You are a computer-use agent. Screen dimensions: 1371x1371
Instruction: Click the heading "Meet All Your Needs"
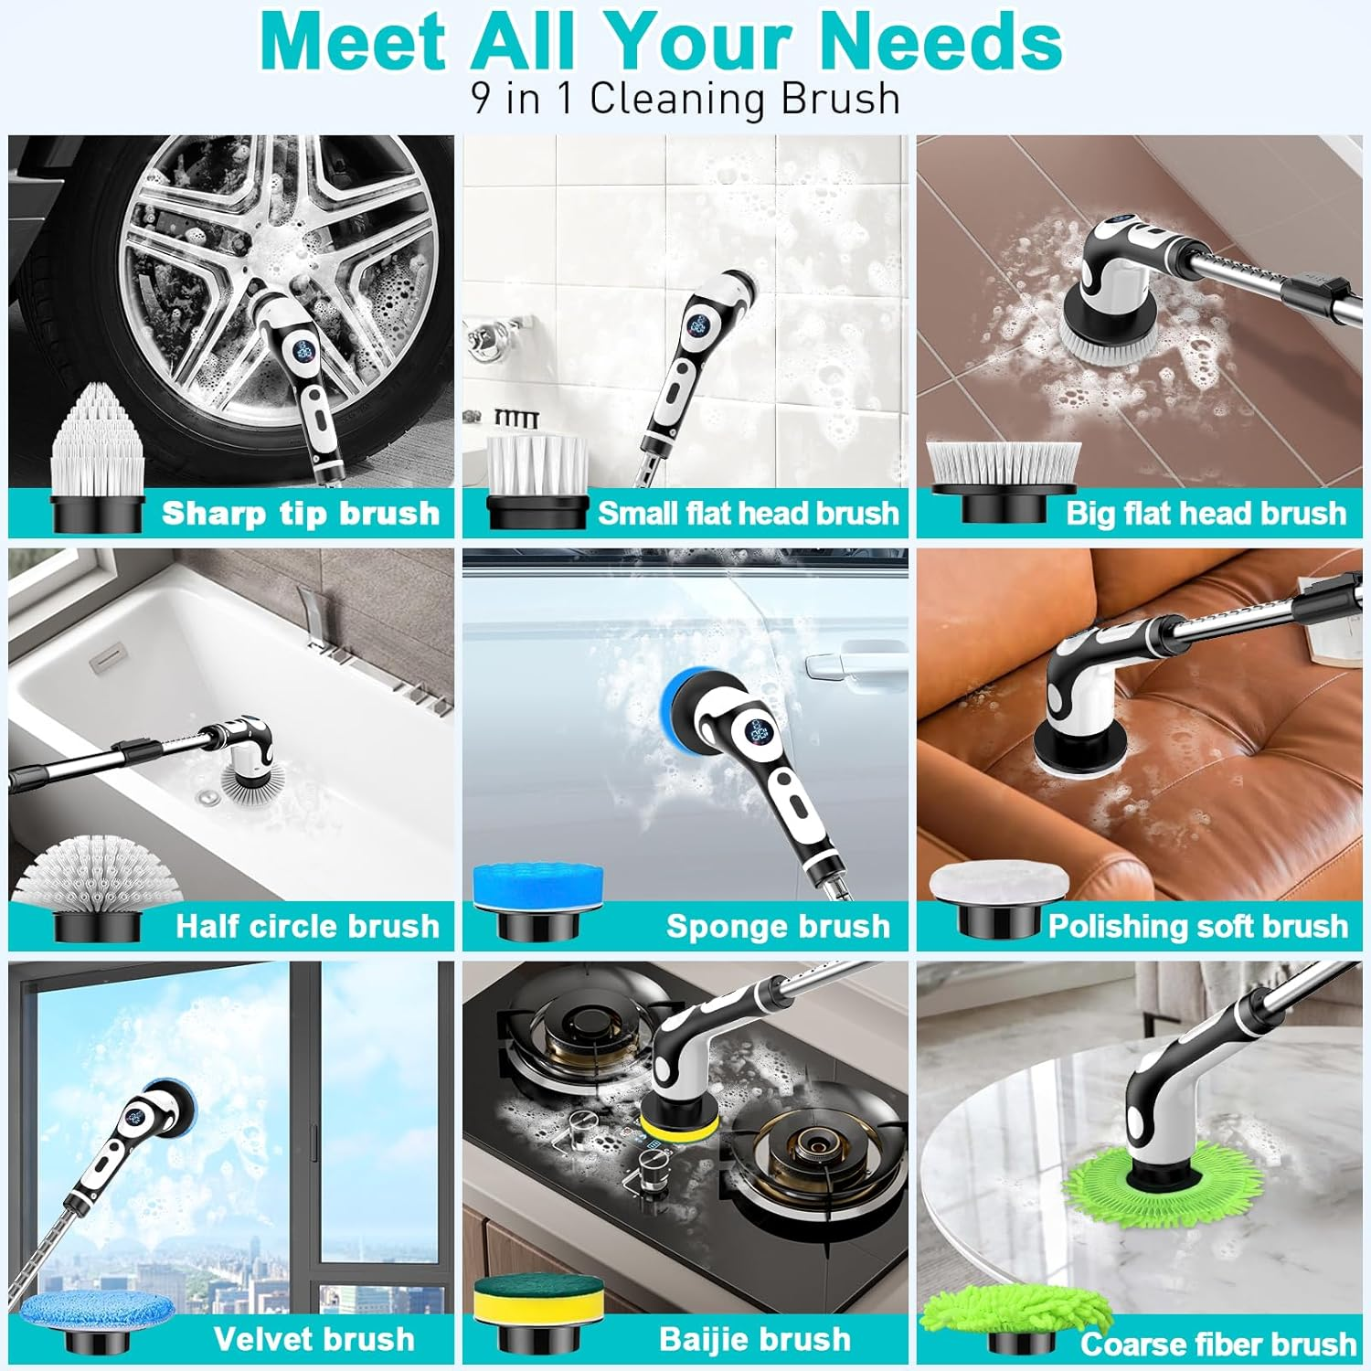click(661, 41)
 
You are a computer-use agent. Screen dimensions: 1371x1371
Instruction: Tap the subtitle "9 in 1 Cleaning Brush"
click(685, 99)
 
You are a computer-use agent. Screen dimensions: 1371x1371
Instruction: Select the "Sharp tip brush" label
click(301, 514)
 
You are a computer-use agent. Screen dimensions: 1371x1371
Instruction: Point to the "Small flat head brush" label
click(748, 514)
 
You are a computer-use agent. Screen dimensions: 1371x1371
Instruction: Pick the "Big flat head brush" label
click(1206, 514)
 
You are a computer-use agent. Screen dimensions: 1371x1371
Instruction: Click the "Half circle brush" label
click(307, 927)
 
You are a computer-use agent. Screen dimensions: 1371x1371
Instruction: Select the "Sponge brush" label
click(778, 927)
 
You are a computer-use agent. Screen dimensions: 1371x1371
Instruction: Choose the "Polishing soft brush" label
click(1197, 927)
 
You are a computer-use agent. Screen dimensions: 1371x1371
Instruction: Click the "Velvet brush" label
click(314, 1340)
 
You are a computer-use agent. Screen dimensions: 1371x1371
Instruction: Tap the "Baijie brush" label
click(755, 1340)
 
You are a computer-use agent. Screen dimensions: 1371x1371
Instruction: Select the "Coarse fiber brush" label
click(1217, 1344)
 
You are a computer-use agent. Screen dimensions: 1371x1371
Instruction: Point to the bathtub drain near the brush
click(207, 797)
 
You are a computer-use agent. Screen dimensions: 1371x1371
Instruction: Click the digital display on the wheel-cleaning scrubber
click(304, 349)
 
